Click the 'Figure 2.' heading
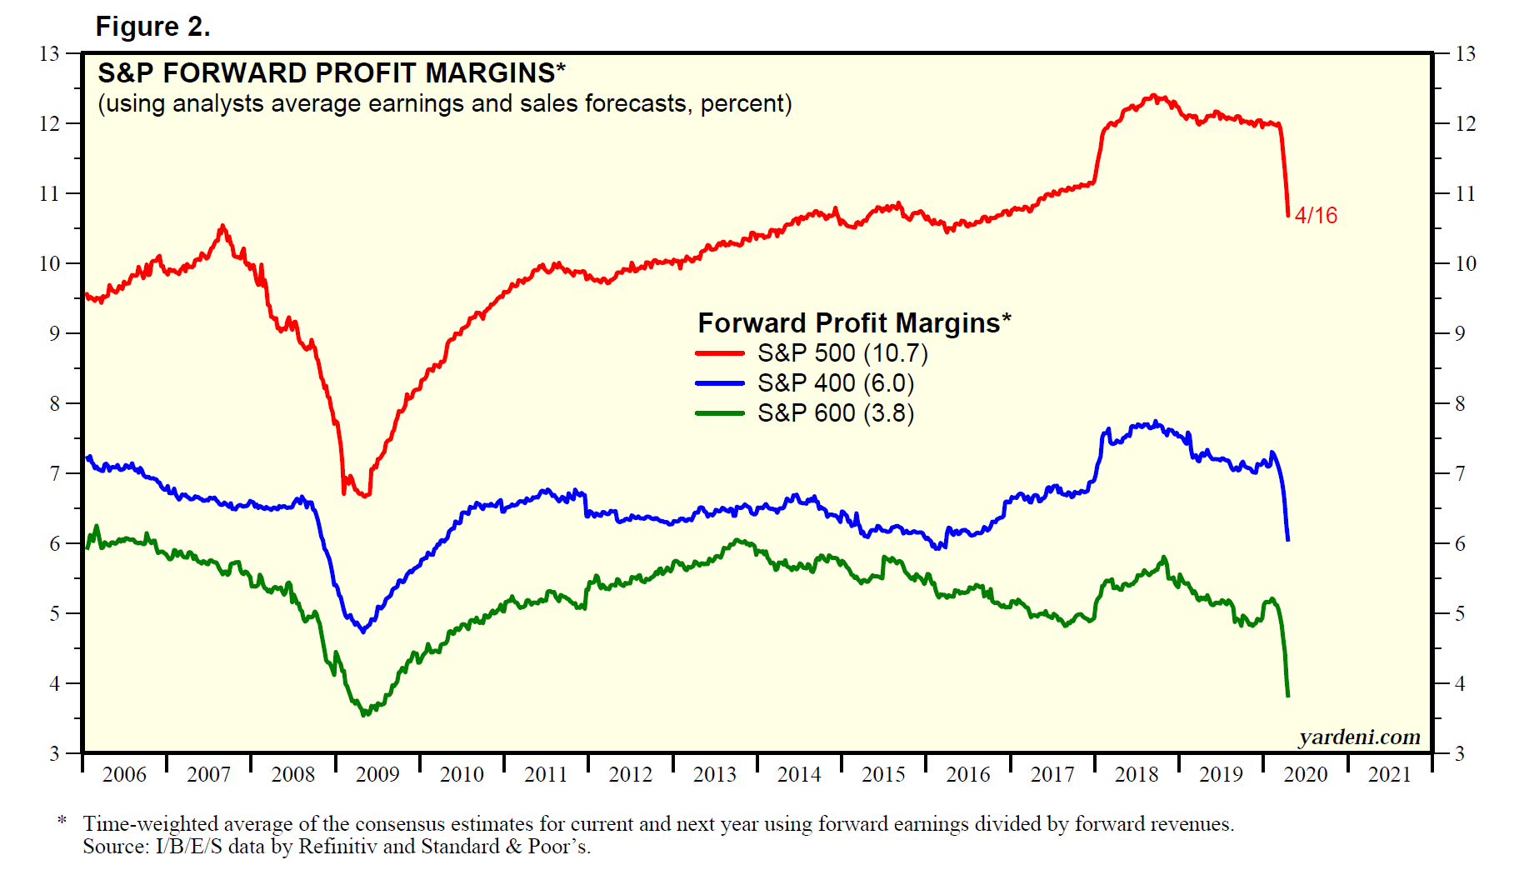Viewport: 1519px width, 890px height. (152, 27)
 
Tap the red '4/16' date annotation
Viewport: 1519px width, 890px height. (1316, 215)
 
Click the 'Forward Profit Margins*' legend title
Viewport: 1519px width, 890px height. (854, 322)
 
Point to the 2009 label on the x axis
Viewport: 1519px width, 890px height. (377, 775)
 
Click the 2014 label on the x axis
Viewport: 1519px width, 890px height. (799, 775)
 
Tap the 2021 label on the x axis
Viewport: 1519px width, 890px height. (1389, 775)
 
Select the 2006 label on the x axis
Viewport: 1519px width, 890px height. (124, 775)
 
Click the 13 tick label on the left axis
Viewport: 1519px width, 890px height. (49, 54)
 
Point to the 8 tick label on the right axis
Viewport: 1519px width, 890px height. (1460, 404)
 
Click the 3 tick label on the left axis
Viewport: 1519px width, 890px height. (54, 754)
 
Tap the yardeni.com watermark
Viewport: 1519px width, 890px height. (1359, 737)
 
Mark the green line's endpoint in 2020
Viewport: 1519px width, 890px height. (1288, 695)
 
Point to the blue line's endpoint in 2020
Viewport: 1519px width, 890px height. (1288, 540)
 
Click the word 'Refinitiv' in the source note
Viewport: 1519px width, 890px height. (337, 847)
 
